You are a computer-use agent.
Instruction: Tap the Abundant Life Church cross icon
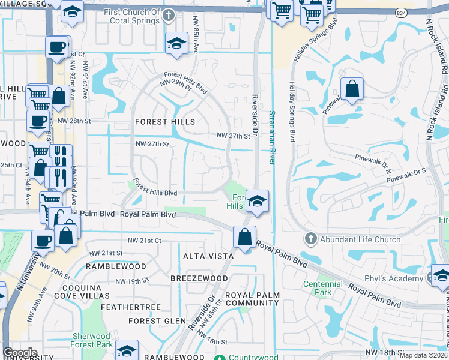pos(310,239)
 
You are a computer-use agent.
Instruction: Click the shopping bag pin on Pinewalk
pos(352,89)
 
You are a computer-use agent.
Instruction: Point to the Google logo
pos(19,353)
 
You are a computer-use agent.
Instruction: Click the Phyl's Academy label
pos(394,279)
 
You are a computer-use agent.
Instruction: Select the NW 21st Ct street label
pos(145,241)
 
